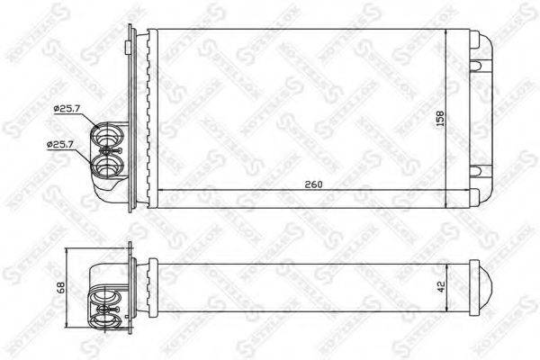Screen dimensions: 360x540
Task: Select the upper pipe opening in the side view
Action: [x=107, y=297]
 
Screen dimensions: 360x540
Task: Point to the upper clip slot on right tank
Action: [x=479, y=62]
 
